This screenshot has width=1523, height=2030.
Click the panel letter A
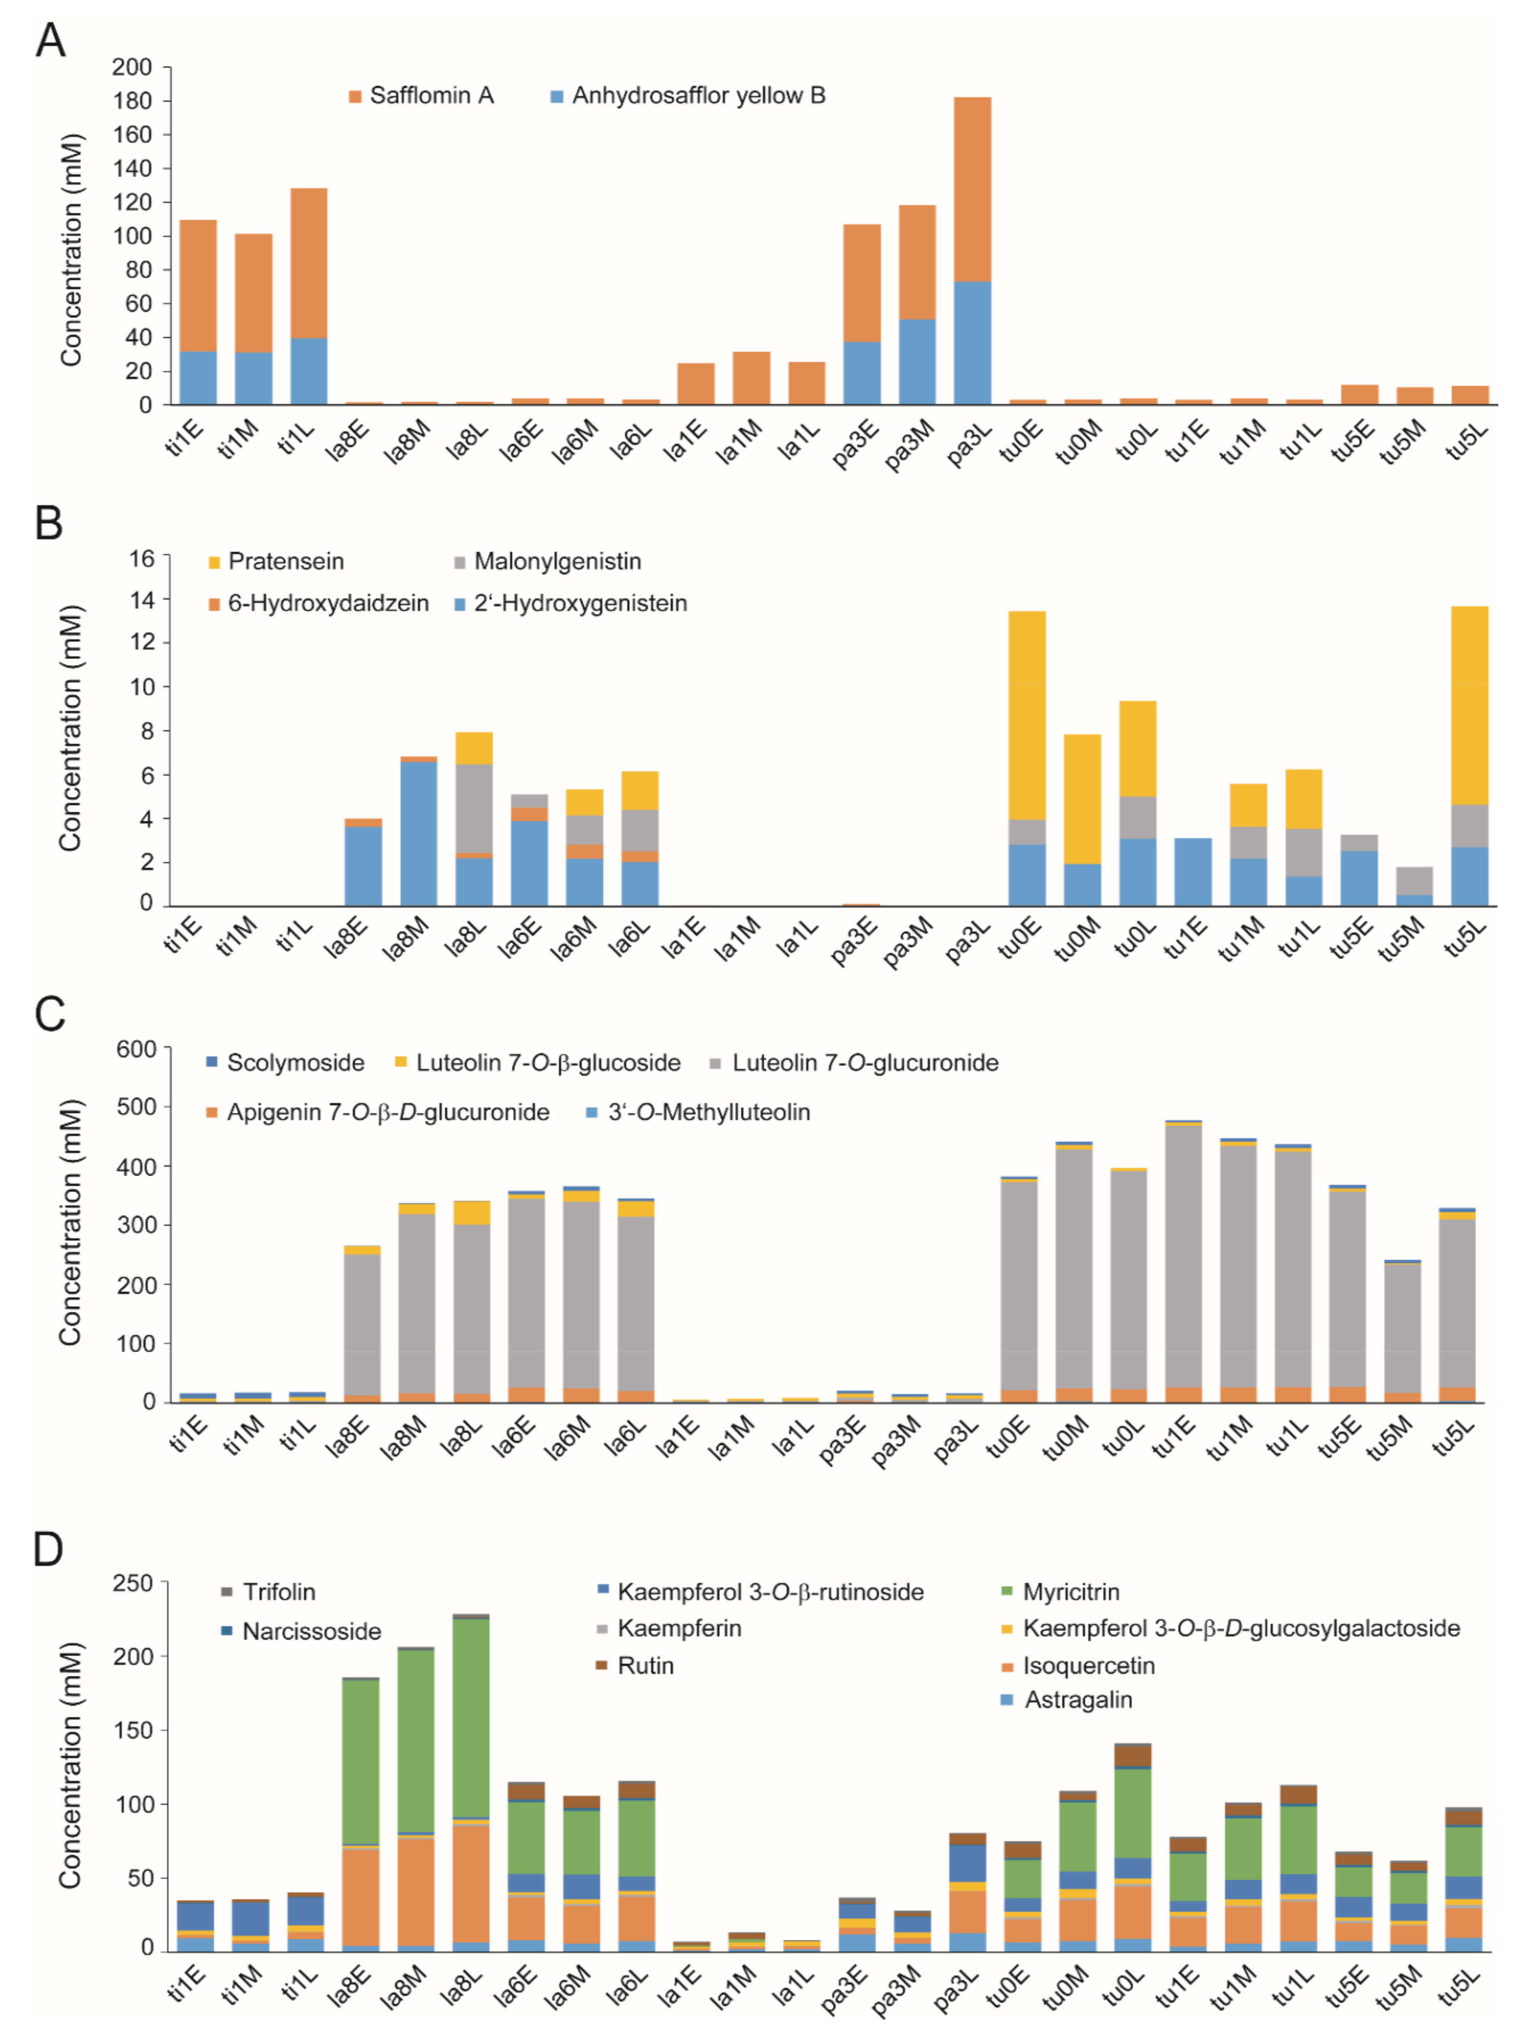[x=51, y=41]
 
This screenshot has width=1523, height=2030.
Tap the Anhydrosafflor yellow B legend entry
[x=697, y=95]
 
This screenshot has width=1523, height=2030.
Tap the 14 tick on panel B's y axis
[x=140, y=600]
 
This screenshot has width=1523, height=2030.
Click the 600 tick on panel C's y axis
[x=136, y=1049]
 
